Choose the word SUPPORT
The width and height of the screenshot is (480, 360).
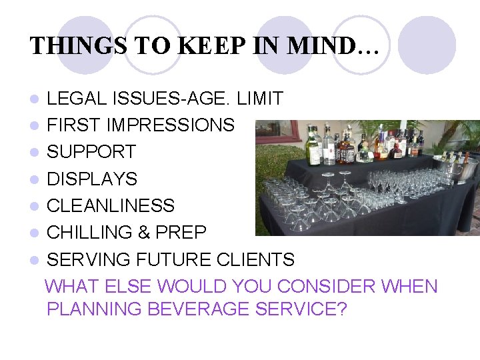click(x=91, y=152)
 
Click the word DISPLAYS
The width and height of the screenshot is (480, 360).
click(x=92, y=179)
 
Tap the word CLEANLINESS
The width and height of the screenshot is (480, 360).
click(x=111, y=205)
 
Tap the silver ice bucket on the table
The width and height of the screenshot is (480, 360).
click(x=461, y=169)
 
